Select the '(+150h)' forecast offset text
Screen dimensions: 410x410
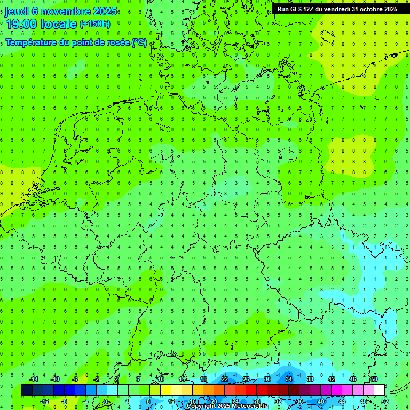click(x=95, y=24)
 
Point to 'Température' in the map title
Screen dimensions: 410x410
click(x=31, y=42)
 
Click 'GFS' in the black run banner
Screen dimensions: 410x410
click(x=297, y=9)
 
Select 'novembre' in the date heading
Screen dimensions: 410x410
click(x=62, y=11)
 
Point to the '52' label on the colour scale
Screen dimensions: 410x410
click(x=384, y=401)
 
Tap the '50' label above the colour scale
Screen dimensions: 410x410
click(x=374, y=379)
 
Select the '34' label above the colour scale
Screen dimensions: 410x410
click(x=288, y=379)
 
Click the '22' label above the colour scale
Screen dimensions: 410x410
click(x=224, y=379)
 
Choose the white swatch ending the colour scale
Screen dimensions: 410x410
click(x=379, y=390)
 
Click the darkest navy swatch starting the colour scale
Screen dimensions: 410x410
click(x=27, y=390)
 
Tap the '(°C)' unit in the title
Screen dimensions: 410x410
click(x=139, y=42)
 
